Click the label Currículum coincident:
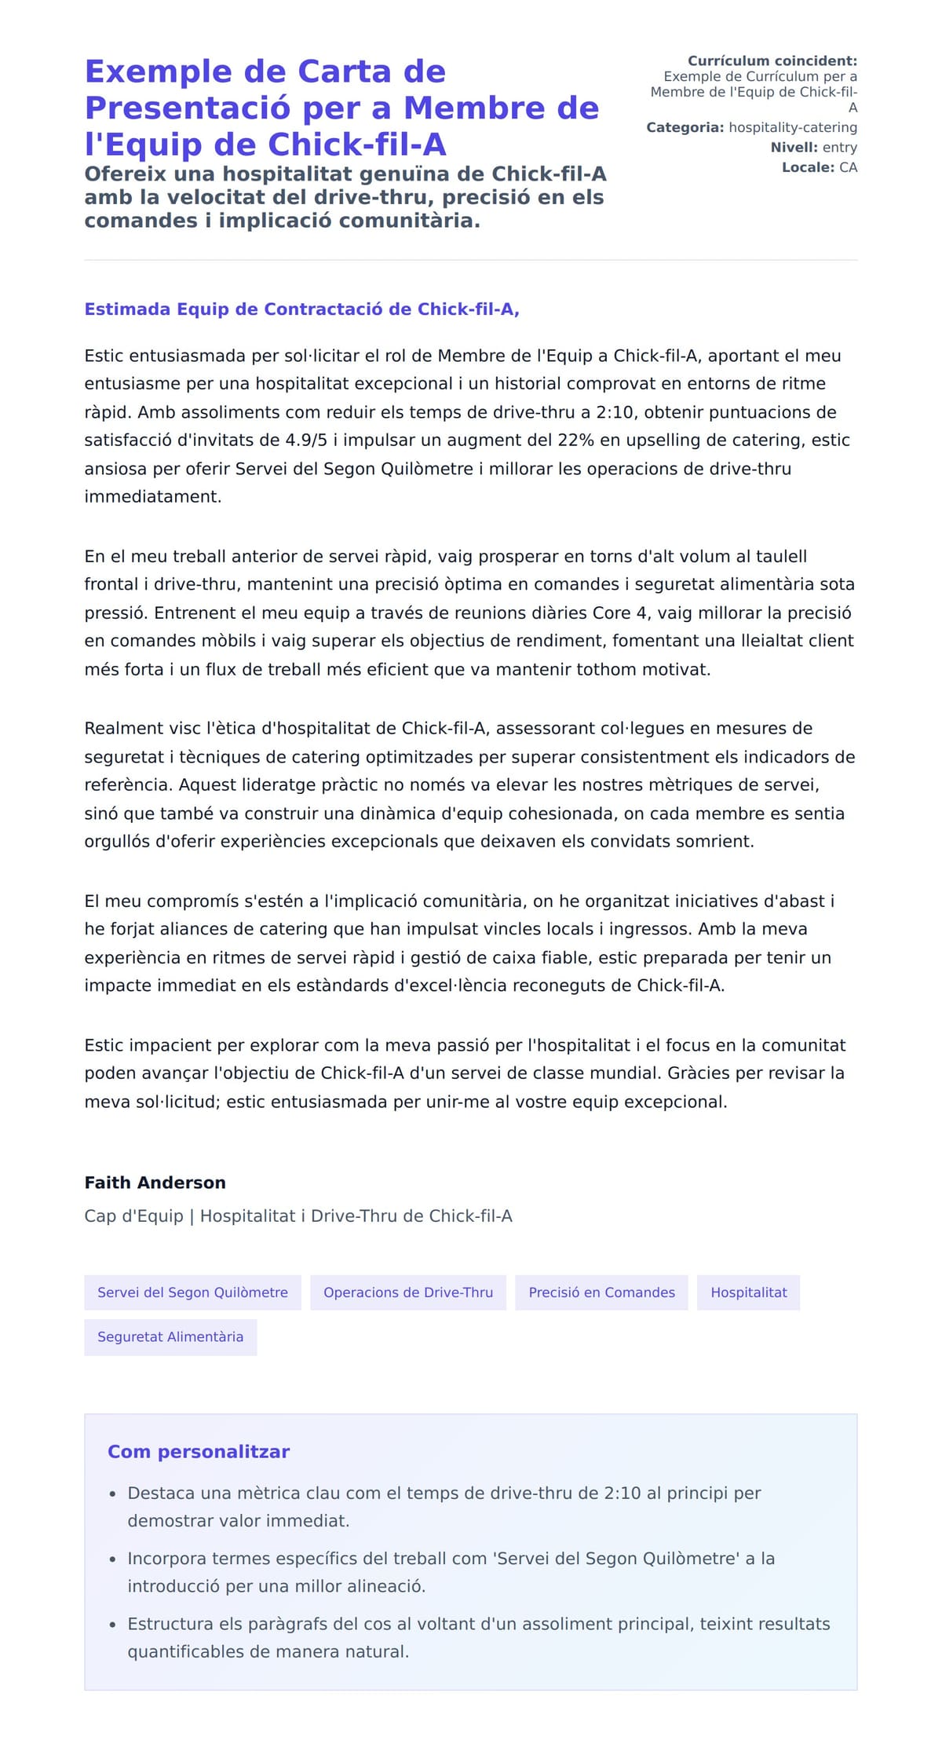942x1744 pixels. pyautogui.click(x=772, y=61)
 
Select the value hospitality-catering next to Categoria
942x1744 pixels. pyautogui.click(x=793, y=127)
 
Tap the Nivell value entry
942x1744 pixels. pyautogui.click(x=839, y=148)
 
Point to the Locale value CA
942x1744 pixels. pyautogui.click(x=848, y=167)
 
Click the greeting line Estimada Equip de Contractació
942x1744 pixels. pyautogui.click(x=301, y=309)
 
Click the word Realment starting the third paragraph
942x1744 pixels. pyautogui.click(x=122, y=729)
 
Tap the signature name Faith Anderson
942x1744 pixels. pyautogui.click(x=155, y=1183)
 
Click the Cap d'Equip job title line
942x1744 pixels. pyautogui.click(x=298, y=1216)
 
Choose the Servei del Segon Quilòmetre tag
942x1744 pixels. pyautogui.click(x=192, y=1292)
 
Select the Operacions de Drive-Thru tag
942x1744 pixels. pyautogui.click(x=408, y=1292)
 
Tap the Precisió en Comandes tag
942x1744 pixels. pyautogui.click(x=601, y=1292)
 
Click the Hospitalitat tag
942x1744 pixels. pyautogui.click(x=748, y=1292)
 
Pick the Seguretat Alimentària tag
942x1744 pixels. pyautogui.click(x=170, y=1337)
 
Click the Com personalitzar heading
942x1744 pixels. pyautogui.click(x=199, y=1452)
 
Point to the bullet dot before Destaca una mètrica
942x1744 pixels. pyautogui.click(x=113, y=1494)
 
